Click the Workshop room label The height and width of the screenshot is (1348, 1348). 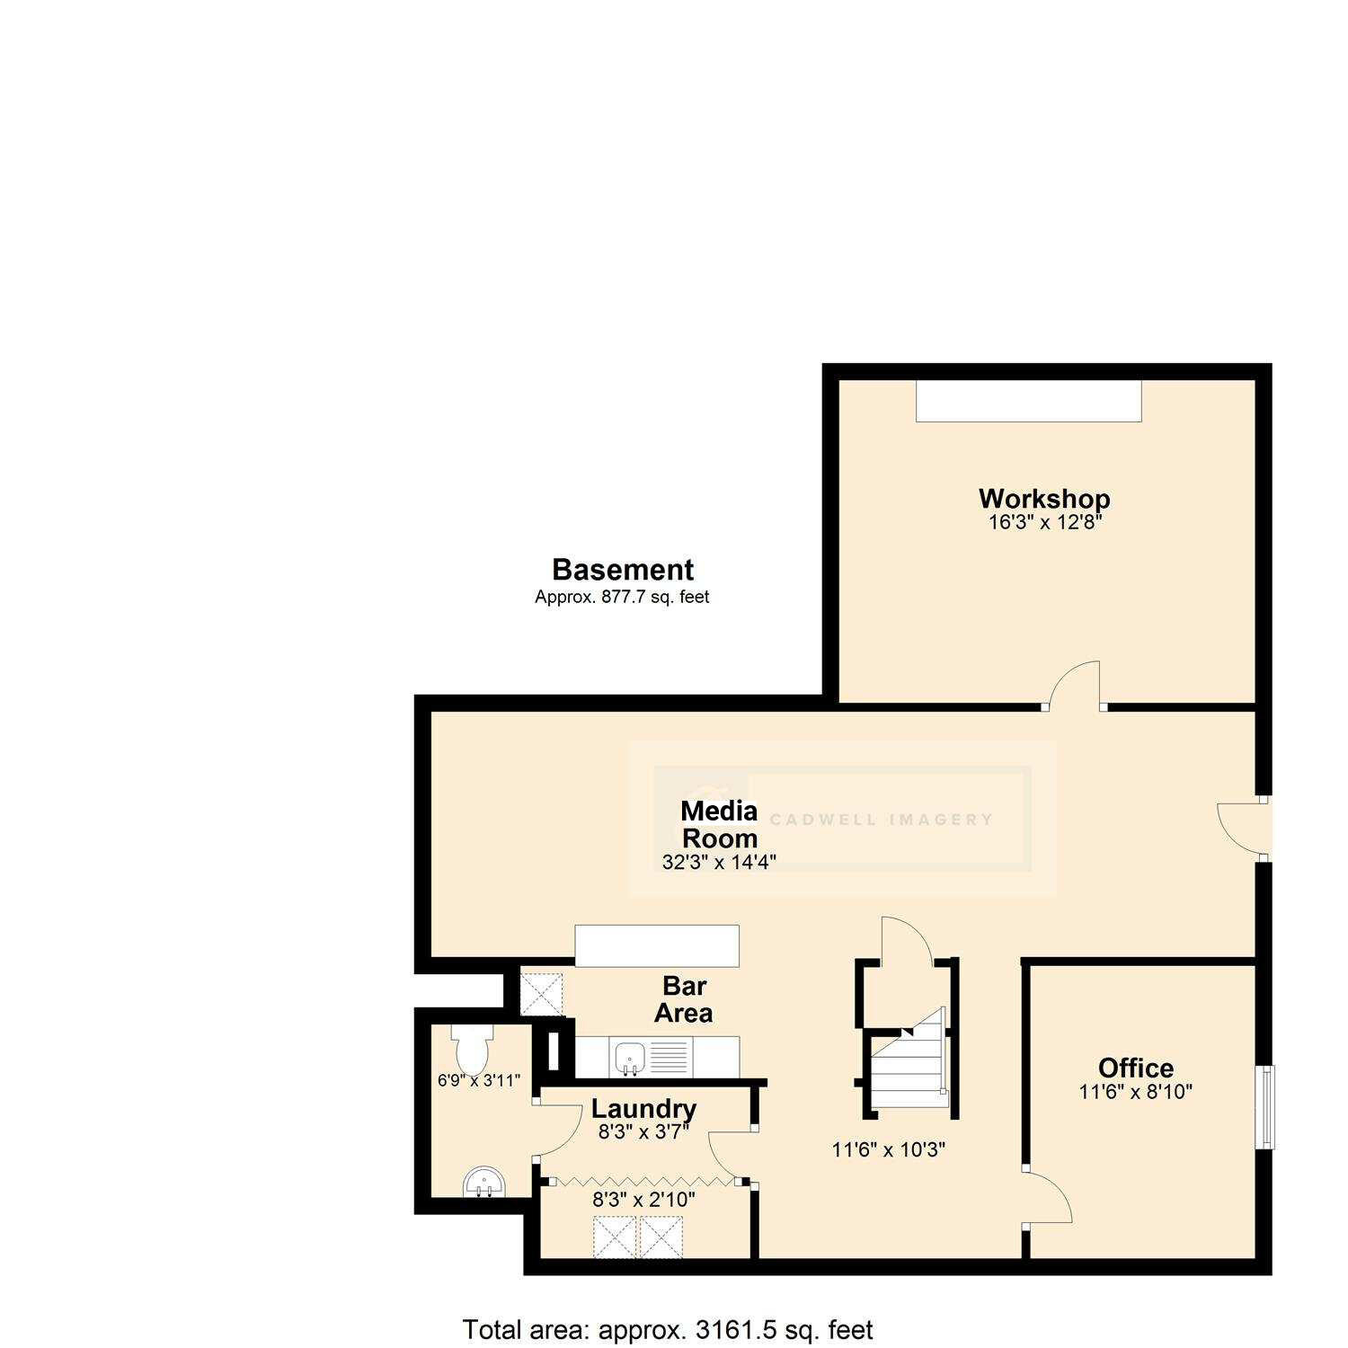(1044, 499)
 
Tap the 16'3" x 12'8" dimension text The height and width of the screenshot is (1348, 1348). (1044, 522)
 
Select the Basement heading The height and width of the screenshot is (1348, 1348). (622, 570)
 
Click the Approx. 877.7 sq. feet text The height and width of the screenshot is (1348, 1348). (622, 597)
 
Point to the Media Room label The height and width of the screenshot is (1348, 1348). (719, 824)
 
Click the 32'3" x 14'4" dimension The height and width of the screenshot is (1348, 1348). (719, 862)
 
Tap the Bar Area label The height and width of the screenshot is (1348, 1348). (684, 999)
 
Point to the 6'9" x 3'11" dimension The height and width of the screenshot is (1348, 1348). (479, 1081)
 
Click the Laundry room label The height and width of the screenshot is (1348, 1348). (643, 1109)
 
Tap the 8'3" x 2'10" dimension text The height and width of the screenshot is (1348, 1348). (643, 1199)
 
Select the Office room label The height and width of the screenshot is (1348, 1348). (1136, 1068)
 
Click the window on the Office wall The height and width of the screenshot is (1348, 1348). (1266, 1107)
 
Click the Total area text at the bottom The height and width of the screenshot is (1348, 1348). (667, 1329)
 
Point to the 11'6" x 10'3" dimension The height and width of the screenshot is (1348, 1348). (889, 1149)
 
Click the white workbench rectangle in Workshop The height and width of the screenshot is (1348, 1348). (1028, 401)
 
